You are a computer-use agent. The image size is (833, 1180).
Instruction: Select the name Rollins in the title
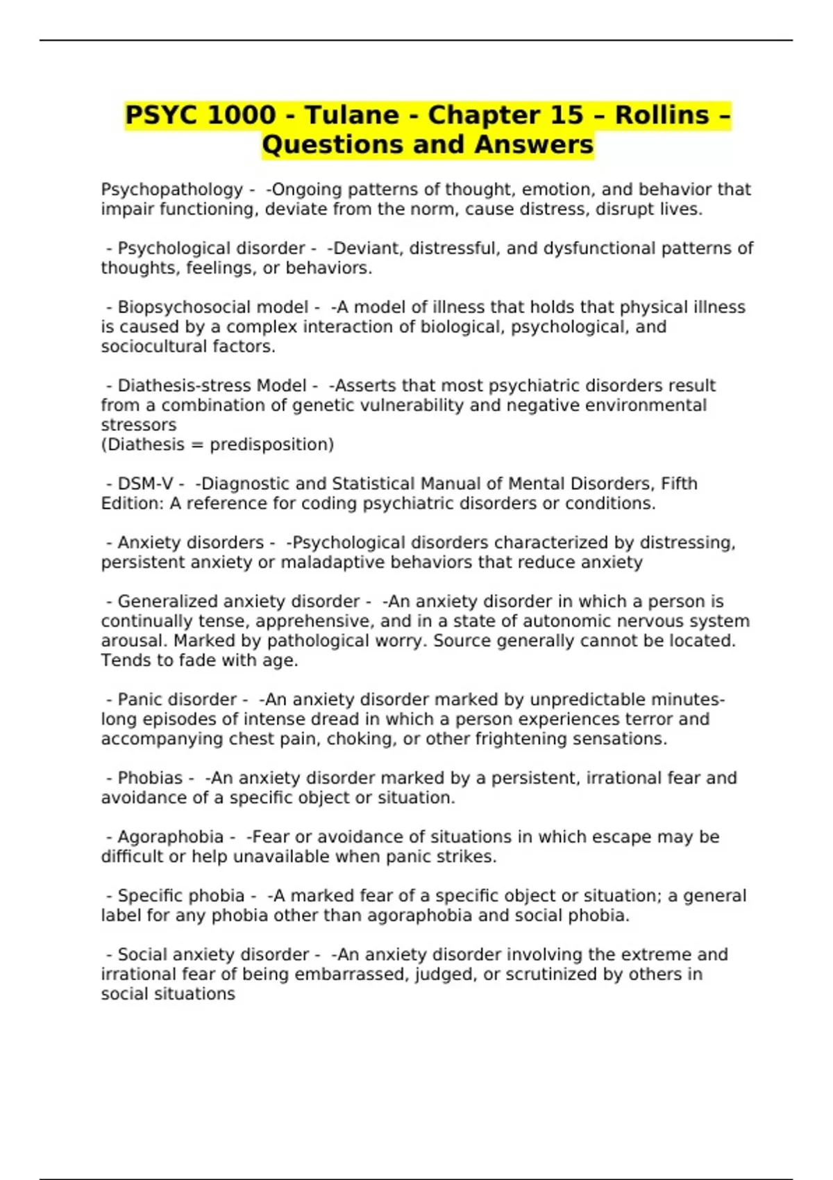click(662, 115)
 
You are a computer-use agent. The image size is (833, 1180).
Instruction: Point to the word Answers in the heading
click(535, 145)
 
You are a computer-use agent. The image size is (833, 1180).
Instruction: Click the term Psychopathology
click(171, 189)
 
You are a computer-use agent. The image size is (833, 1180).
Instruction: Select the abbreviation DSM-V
click(145, 484)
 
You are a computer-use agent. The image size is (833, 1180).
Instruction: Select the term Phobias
click(150, 778)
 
